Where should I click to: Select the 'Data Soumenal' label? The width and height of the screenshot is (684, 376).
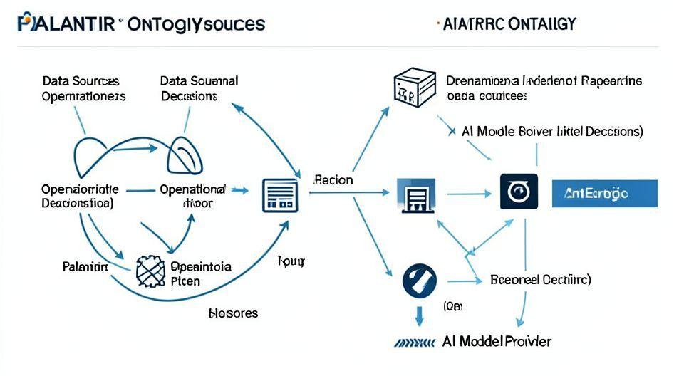click(199, 81)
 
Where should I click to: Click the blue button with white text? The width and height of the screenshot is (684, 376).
click(604, 194)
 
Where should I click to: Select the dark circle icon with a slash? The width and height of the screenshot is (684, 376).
click(419, 281)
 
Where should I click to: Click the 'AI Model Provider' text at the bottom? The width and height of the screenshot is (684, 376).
click(496, 341)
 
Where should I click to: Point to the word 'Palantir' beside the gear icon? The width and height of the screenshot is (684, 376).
click(85, 267)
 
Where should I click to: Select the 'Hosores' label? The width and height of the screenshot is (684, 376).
click(233, 313)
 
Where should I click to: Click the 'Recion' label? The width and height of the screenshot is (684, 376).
click(333, 180)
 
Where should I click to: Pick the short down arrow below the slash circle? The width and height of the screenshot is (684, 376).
click(419, 314)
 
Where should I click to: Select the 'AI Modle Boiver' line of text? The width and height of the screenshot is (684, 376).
click(552, 132)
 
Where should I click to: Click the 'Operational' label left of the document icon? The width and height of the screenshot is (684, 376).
click(192, 190)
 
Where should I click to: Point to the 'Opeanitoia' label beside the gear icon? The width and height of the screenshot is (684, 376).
click(201, 267)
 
